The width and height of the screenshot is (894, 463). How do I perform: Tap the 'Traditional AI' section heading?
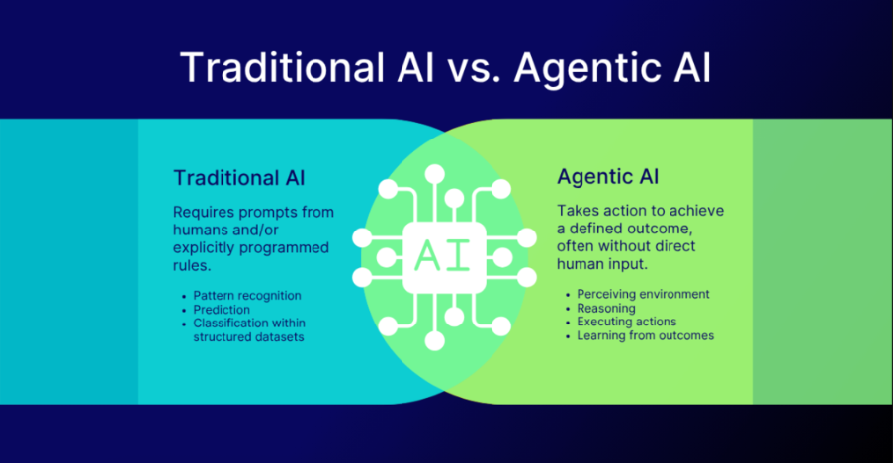click(x=239, y=178)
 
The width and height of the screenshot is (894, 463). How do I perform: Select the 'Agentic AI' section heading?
click(x=608, y=177)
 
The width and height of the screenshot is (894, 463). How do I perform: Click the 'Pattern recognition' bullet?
click(x=247, y=296)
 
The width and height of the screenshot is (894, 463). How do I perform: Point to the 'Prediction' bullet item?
click(x=222, y=310)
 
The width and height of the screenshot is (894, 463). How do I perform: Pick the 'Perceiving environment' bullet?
click(x=643, y=294)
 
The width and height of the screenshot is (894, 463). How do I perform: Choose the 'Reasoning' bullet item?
click(x=606, y=309)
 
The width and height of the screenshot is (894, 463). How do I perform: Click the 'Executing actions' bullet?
click(x=627, y=323)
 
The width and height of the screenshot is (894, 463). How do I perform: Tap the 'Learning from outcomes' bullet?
click(x=646, y=335)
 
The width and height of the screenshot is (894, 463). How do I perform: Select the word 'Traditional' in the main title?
click(x=283, y=69)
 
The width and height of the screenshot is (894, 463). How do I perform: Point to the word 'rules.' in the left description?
click(x=189, y=266)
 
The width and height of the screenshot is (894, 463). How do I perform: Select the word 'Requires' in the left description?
click(x=200, y=213)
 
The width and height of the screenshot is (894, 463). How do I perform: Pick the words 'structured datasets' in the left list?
click(x=248, y=337)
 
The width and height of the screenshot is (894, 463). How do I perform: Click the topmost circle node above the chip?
click(x=435, y=173)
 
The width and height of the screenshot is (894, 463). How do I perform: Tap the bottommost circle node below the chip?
click(x=435, y=341)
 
